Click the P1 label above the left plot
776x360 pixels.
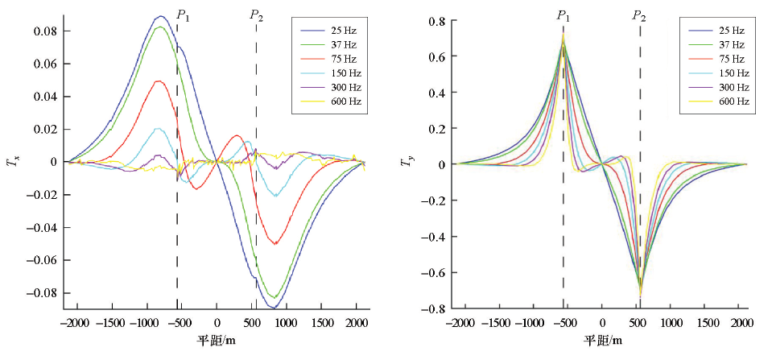coord(183,15)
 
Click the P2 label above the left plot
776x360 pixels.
coord(256,15)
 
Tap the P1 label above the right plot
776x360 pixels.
coord(563,15)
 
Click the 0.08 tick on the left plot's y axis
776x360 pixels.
coord(47,31)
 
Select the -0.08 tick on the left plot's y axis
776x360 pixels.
coord(45,293)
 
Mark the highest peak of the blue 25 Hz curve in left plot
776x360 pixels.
coord(160,16)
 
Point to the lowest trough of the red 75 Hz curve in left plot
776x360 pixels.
coord(275,243)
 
